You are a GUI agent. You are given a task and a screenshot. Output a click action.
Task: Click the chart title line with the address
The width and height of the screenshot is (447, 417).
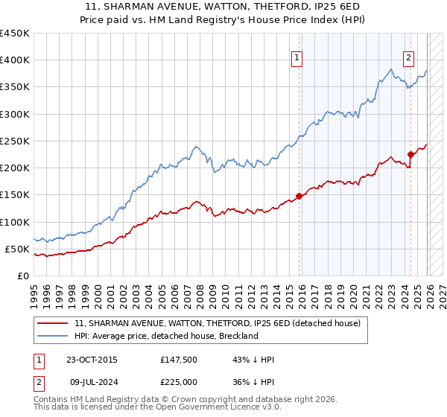click(x=223, y=6)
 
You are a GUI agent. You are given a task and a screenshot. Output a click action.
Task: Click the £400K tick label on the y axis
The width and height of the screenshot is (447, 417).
click(x=14, y=60)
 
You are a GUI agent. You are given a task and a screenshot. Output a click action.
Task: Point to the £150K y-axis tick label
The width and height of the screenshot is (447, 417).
click(x=14, y=195)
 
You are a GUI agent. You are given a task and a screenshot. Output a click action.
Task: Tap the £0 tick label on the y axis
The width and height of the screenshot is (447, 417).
click(x=23, y=276)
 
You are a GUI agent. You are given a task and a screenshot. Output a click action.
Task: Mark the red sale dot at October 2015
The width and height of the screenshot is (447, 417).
click(x=299, y=197)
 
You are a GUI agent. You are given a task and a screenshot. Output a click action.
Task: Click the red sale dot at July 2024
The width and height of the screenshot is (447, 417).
click(x=410, y=155)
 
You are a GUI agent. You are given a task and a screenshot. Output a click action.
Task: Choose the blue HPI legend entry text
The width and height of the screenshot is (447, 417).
click(x=166, y=336)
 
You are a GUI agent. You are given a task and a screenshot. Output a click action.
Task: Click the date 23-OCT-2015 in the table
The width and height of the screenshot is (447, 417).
click(x=92, y=360)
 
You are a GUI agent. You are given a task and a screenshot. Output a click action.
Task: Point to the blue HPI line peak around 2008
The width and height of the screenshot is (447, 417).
click(x=194, y=147)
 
